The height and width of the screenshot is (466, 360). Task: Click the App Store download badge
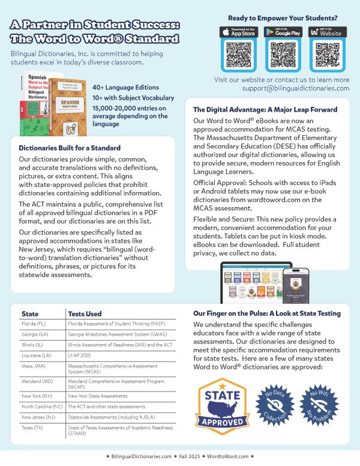[x=239, y=32]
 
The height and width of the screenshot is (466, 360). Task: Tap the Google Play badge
[x=283, y=32]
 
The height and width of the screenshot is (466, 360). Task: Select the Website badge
[x=326, y=32]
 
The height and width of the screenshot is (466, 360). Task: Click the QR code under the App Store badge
[x=239, y=56]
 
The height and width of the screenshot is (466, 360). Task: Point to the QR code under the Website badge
[x=326, y=56]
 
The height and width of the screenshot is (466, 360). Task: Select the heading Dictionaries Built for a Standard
[x=70, y=148]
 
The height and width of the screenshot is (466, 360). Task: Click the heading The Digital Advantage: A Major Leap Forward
[x=265, y=110]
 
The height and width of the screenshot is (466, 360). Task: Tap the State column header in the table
[x=30, y=313]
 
